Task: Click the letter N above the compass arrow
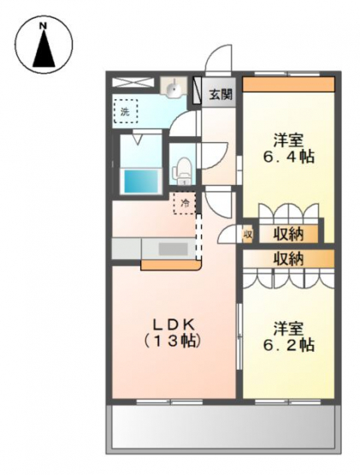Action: coord(44,26)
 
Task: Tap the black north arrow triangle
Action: coord(44,49)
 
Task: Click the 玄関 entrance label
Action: coord(221,95)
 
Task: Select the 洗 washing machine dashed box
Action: coord(126,111)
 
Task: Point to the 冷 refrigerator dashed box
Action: coord(185,204)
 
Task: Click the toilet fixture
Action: coord(181,170)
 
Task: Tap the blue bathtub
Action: coord(141,181)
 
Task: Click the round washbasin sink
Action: coord(174,86)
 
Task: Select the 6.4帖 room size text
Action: coord(288,157)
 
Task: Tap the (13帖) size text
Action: coord(173,341)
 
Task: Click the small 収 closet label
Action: coord(248,235)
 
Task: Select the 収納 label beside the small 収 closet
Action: coord(288,234)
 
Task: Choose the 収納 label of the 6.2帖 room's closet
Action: coord(288,259)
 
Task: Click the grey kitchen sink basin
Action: coord(173,249)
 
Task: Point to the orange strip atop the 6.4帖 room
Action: coord(288,84)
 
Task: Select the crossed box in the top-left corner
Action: coord(132,83)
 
